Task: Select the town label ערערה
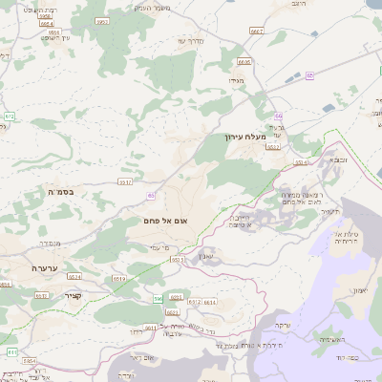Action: click(x=44, y=268)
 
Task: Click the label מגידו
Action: click(x=237, y=81)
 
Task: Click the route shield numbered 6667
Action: click(x=255, y=31)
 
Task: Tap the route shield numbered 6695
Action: click(x=244, y=62)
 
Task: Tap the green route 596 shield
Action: click(x=159, y=299)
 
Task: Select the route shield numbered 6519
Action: click(x=119, y=277)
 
